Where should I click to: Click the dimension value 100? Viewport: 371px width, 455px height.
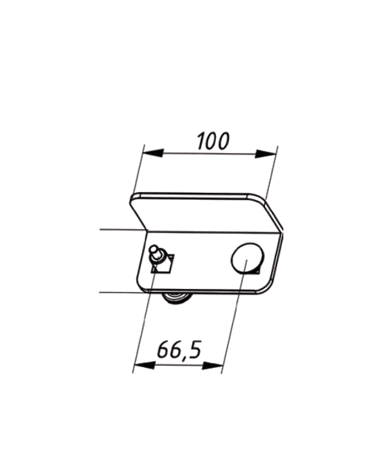pos(213,141)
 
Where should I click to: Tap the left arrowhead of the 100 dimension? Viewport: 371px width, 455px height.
pos(153,152)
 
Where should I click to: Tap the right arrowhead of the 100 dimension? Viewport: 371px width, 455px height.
pos(265,154)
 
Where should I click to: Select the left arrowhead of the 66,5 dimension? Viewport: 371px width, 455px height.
pos(145,365)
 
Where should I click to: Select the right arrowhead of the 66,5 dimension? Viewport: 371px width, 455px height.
pos(212,366)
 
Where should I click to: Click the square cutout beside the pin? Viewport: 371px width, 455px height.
pos(163,264)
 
